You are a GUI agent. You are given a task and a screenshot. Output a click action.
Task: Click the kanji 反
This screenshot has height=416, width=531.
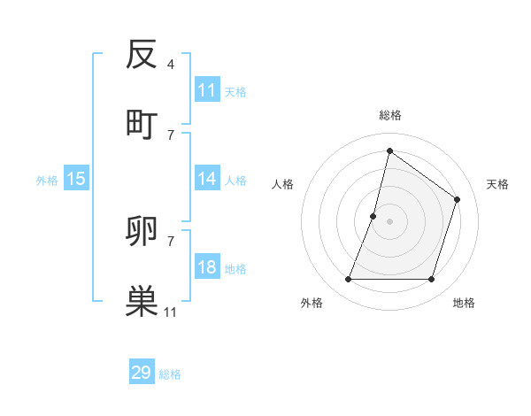[x=142, y=55]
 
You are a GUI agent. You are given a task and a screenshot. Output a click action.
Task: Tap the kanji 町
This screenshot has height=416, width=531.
[x=142, y=123]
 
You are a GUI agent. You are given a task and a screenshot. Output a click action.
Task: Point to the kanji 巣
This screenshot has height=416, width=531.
[x=142, y=302]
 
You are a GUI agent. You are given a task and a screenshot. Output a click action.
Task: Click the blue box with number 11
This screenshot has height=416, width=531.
[x=207, y=90]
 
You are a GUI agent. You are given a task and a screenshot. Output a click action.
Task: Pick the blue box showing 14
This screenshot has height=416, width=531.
[x=207, y=179]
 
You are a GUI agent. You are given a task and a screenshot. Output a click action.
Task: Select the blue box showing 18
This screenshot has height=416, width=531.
[x=207, y=267]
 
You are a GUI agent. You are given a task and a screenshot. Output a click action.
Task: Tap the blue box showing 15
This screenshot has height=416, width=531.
[x=76, y=179]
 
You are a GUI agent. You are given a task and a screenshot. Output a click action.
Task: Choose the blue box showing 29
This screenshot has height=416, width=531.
[x=142, y=373]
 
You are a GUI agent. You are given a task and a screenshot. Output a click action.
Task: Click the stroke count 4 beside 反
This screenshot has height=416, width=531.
[x=170, y=65]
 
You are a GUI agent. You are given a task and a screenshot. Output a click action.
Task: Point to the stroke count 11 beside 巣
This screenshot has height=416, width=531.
[x=171, y=312]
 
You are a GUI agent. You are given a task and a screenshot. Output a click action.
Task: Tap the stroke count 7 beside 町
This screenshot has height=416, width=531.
[x=170, y=134]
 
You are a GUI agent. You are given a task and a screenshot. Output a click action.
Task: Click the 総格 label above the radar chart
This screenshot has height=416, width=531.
[x=389, y=115]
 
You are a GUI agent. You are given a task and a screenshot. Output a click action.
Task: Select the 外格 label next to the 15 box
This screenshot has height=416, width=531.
[x=47, y=180]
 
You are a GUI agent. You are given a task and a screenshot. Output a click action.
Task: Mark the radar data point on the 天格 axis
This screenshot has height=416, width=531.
[x=458, y=199]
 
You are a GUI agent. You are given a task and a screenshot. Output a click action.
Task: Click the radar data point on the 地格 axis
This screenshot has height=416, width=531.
[x=431, y=280]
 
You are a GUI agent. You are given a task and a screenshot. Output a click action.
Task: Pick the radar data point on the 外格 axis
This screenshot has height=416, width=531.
[x=348, y=280]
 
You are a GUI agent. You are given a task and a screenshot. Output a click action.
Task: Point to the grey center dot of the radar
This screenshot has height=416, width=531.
[x=389, y=221]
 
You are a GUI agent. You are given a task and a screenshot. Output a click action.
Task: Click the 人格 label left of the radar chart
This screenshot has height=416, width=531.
[x=283, y=184]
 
